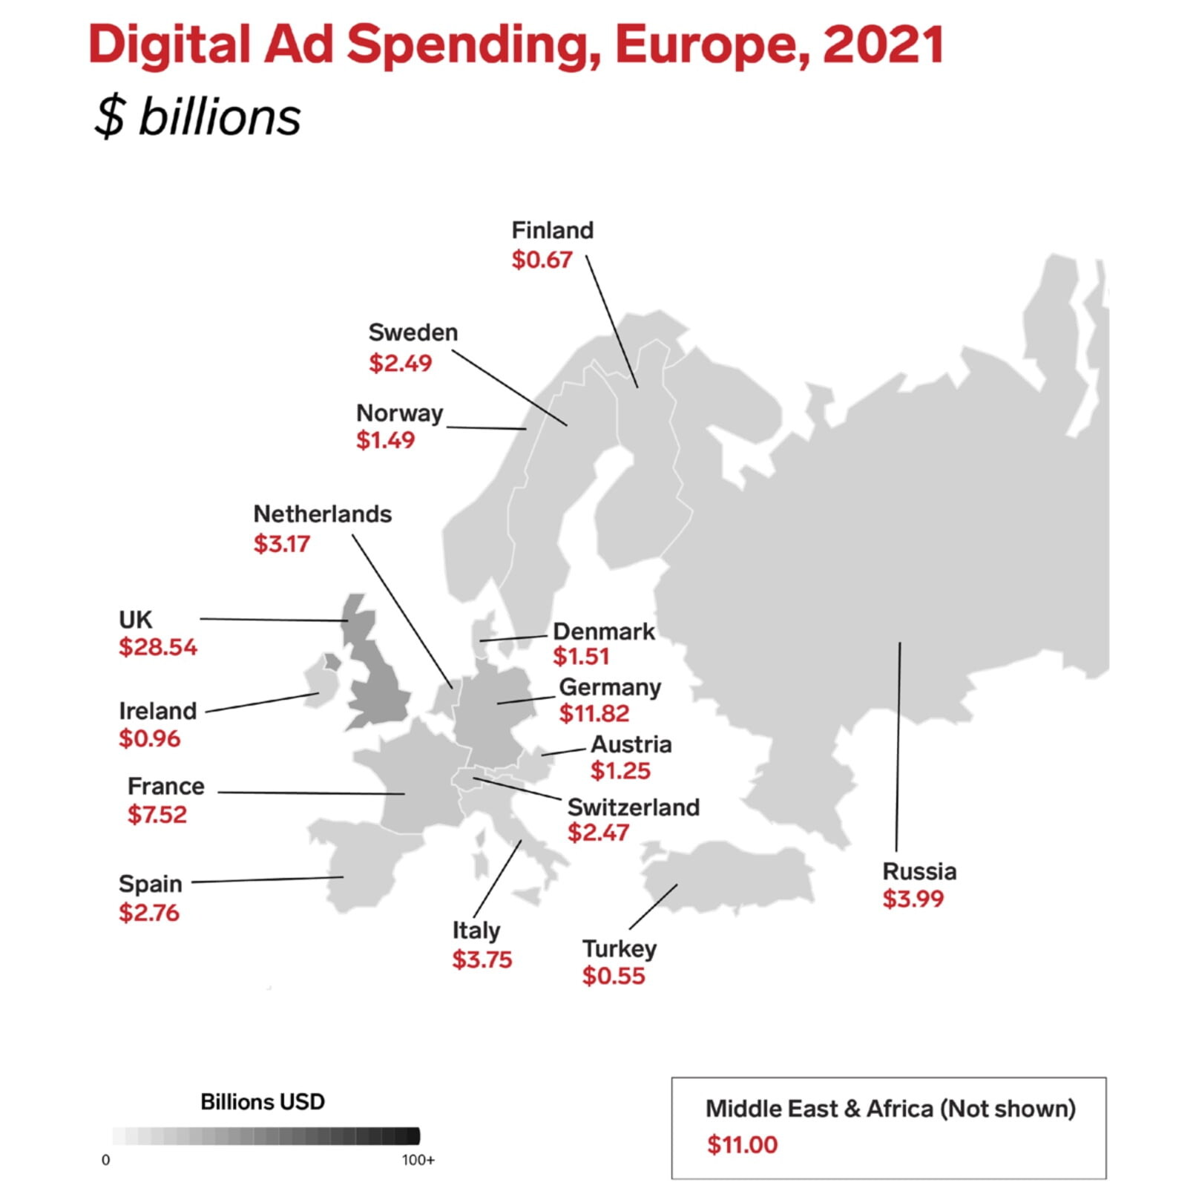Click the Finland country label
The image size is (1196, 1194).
[552, 231]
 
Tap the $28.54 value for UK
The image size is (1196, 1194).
[158, 647]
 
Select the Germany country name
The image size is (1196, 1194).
[609, 687]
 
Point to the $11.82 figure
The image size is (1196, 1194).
[594, 714]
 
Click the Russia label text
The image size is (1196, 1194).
[919, 871]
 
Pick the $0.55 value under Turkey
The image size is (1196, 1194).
[613, 976]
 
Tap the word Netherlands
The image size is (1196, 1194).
[322, 514]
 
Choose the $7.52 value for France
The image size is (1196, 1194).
[157, 815]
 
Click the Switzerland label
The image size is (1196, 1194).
[633, 807]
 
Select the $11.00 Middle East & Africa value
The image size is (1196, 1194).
[742, 1144]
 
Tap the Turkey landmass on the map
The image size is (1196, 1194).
[727, 876]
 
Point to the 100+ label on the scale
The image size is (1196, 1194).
[418, 1161]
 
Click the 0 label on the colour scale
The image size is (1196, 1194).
[105, 1161]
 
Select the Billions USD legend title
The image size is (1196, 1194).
[262, 1102]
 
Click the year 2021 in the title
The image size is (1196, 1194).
[883, 45]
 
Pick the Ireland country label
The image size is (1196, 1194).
[157, 711]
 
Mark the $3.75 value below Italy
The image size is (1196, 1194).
[482, 960]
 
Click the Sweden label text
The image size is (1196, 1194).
[413, 332]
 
